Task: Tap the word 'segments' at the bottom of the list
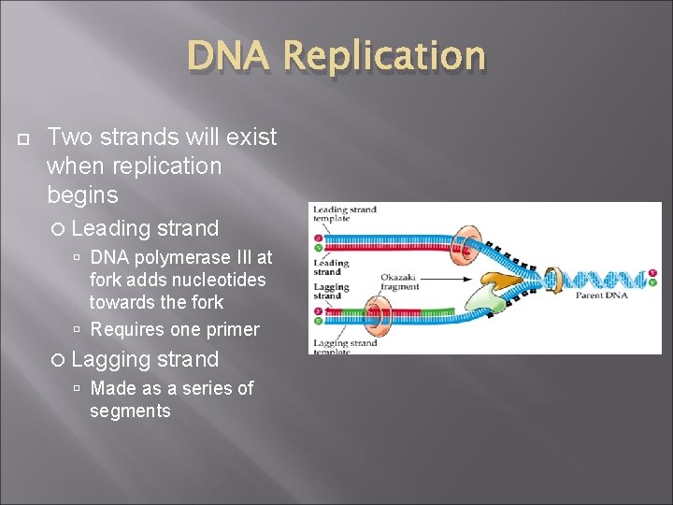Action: point(130,411)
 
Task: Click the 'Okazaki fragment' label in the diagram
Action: point(401,282)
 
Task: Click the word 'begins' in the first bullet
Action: point(82,195)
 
